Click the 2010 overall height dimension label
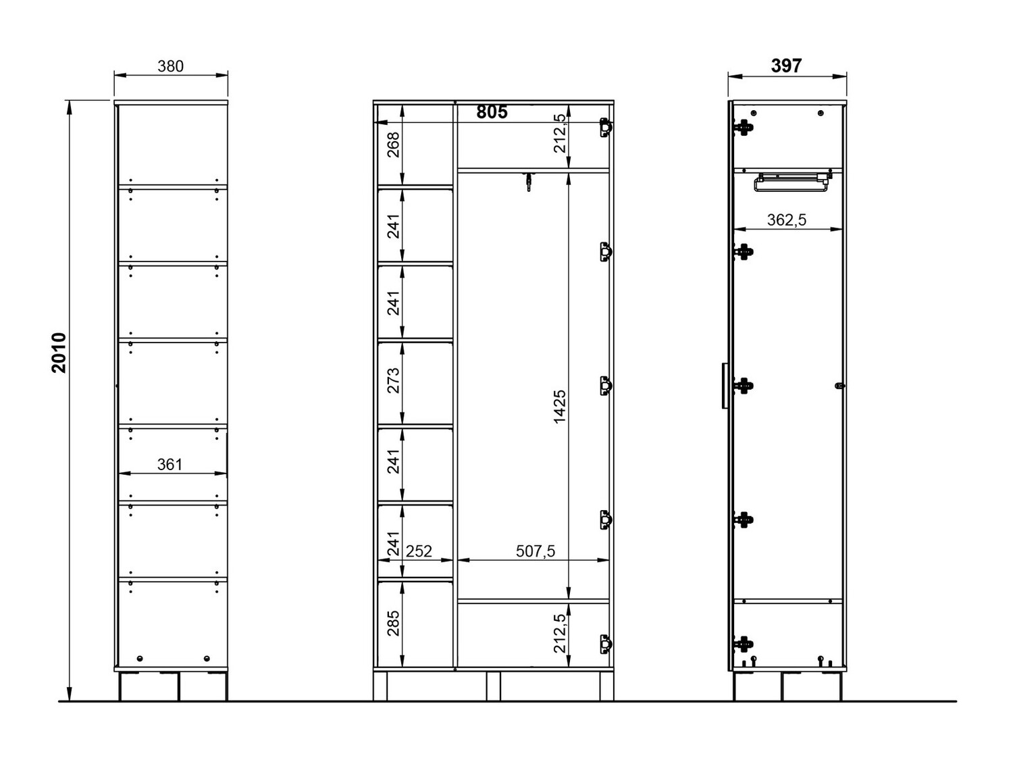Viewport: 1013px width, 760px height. coord(59,353)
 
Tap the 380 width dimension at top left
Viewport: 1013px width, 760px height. coord(171,66)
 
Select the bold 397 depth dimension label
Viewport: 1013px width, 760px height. coord(786,66)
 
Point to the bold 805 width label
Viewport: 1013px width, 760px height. coord(492,112)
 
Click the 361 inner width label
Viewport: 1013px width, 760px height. coord(170,464)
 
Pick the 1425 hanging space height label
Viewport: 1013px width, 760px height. coord(559,407)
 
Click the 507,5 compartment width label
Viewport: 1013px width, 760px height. coord(536,551)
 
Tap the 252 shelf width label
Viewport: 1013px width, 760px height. coord(419,551)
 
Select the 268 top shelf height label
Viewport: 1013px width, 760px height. coord(393,145)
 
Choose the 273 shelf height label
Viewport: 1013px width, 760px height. coord(393,380)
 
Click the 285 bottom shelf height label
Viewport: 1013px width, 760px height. coord(393,624)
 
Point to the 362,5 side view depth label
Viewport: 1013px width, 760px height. coord(787,220)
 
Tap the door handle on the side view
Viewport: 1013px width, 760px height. coord(725,385)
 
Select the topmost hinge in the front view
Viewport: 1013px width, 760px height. coord(606,128)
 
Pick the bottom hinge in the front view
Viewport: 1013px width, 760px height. coord(606,644)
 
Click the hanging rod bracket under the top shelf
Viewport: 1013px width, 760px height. coord(529,181)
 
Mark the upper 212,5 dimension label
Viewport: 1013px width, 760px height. coord(559,133)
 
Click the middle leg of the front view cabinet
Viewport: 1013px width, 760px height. coord(494,686)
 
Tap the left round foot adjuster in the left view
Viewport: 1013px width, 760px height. coord(140,658)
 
